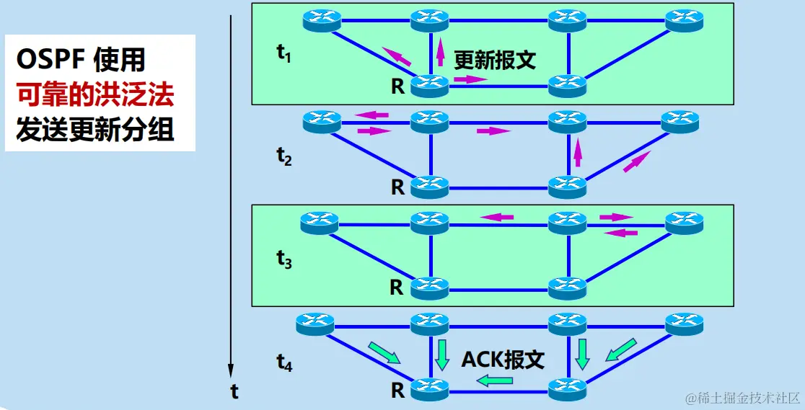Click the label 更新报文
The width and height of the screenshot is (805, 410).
point(495,60)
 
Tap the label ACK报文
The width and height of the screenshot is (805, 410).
point(503,359)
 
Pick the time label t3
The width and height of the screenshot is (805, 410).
point(283,260)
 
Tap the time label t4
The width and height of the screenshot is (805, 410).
point(283,364)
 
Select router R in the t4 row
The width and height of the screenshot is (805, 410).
point(430,391)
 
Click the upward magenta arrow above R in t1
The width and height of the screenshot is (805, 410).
point(440,54)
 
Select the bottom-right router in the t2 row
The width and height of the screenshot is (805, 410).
point(568,187)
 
